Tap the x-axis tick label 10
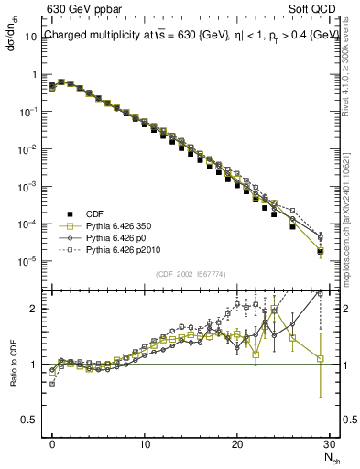pyautogui.click(x=145, y=443)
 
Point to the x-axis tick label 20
pyautogui.click(x=237, y=443)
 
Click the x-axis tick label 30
pyautogui.click(x=329, y=443)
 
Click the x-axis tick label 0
pyautogui.click(x=52, y=443)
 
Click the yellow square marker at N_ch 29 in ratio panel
pyautogui.click(x=320, y=359)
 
